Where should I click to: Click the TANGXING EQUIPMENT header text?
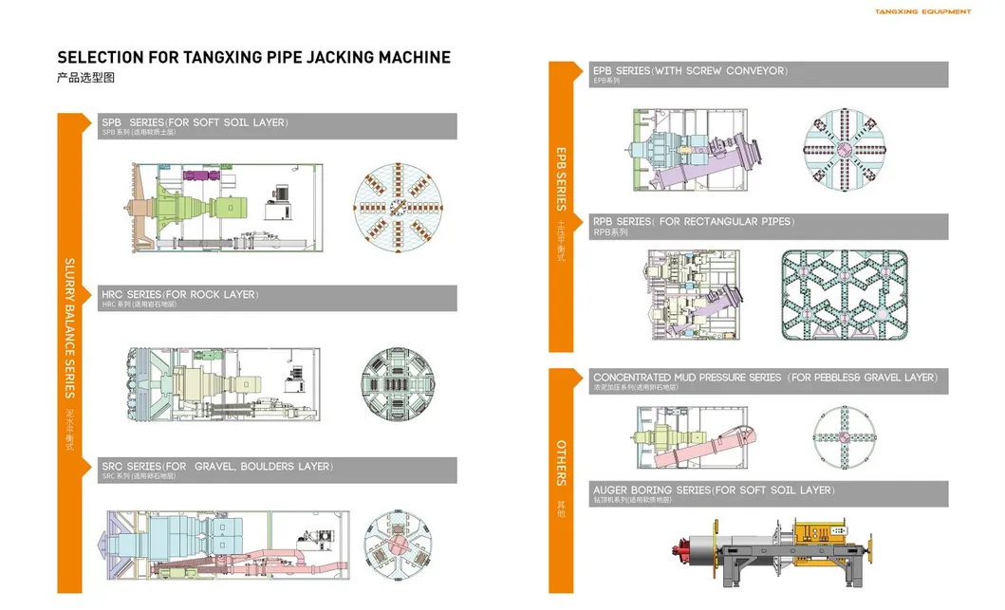click(921, 12)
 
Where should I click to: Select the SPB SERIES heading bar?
click(277, 126)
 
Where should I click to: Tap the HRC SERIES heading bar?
click(277, 298)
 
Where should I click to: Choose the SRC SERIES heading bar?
click(277, 471)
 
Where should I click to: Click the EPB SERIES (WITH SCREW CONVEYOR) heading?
click(768, 74)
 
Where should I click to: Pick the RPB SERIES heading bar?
click(768, 226)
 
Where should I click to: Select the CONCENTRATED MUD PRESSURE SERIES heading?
click(768, 381)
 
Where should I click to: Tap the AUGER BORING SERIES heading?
click(768, 493)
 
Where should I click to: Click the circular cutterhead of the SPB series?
click(399, 209)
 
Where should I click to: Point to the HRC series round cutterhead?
click(398, 384)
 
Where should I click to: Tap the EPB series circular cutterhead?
click(845, 150)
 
